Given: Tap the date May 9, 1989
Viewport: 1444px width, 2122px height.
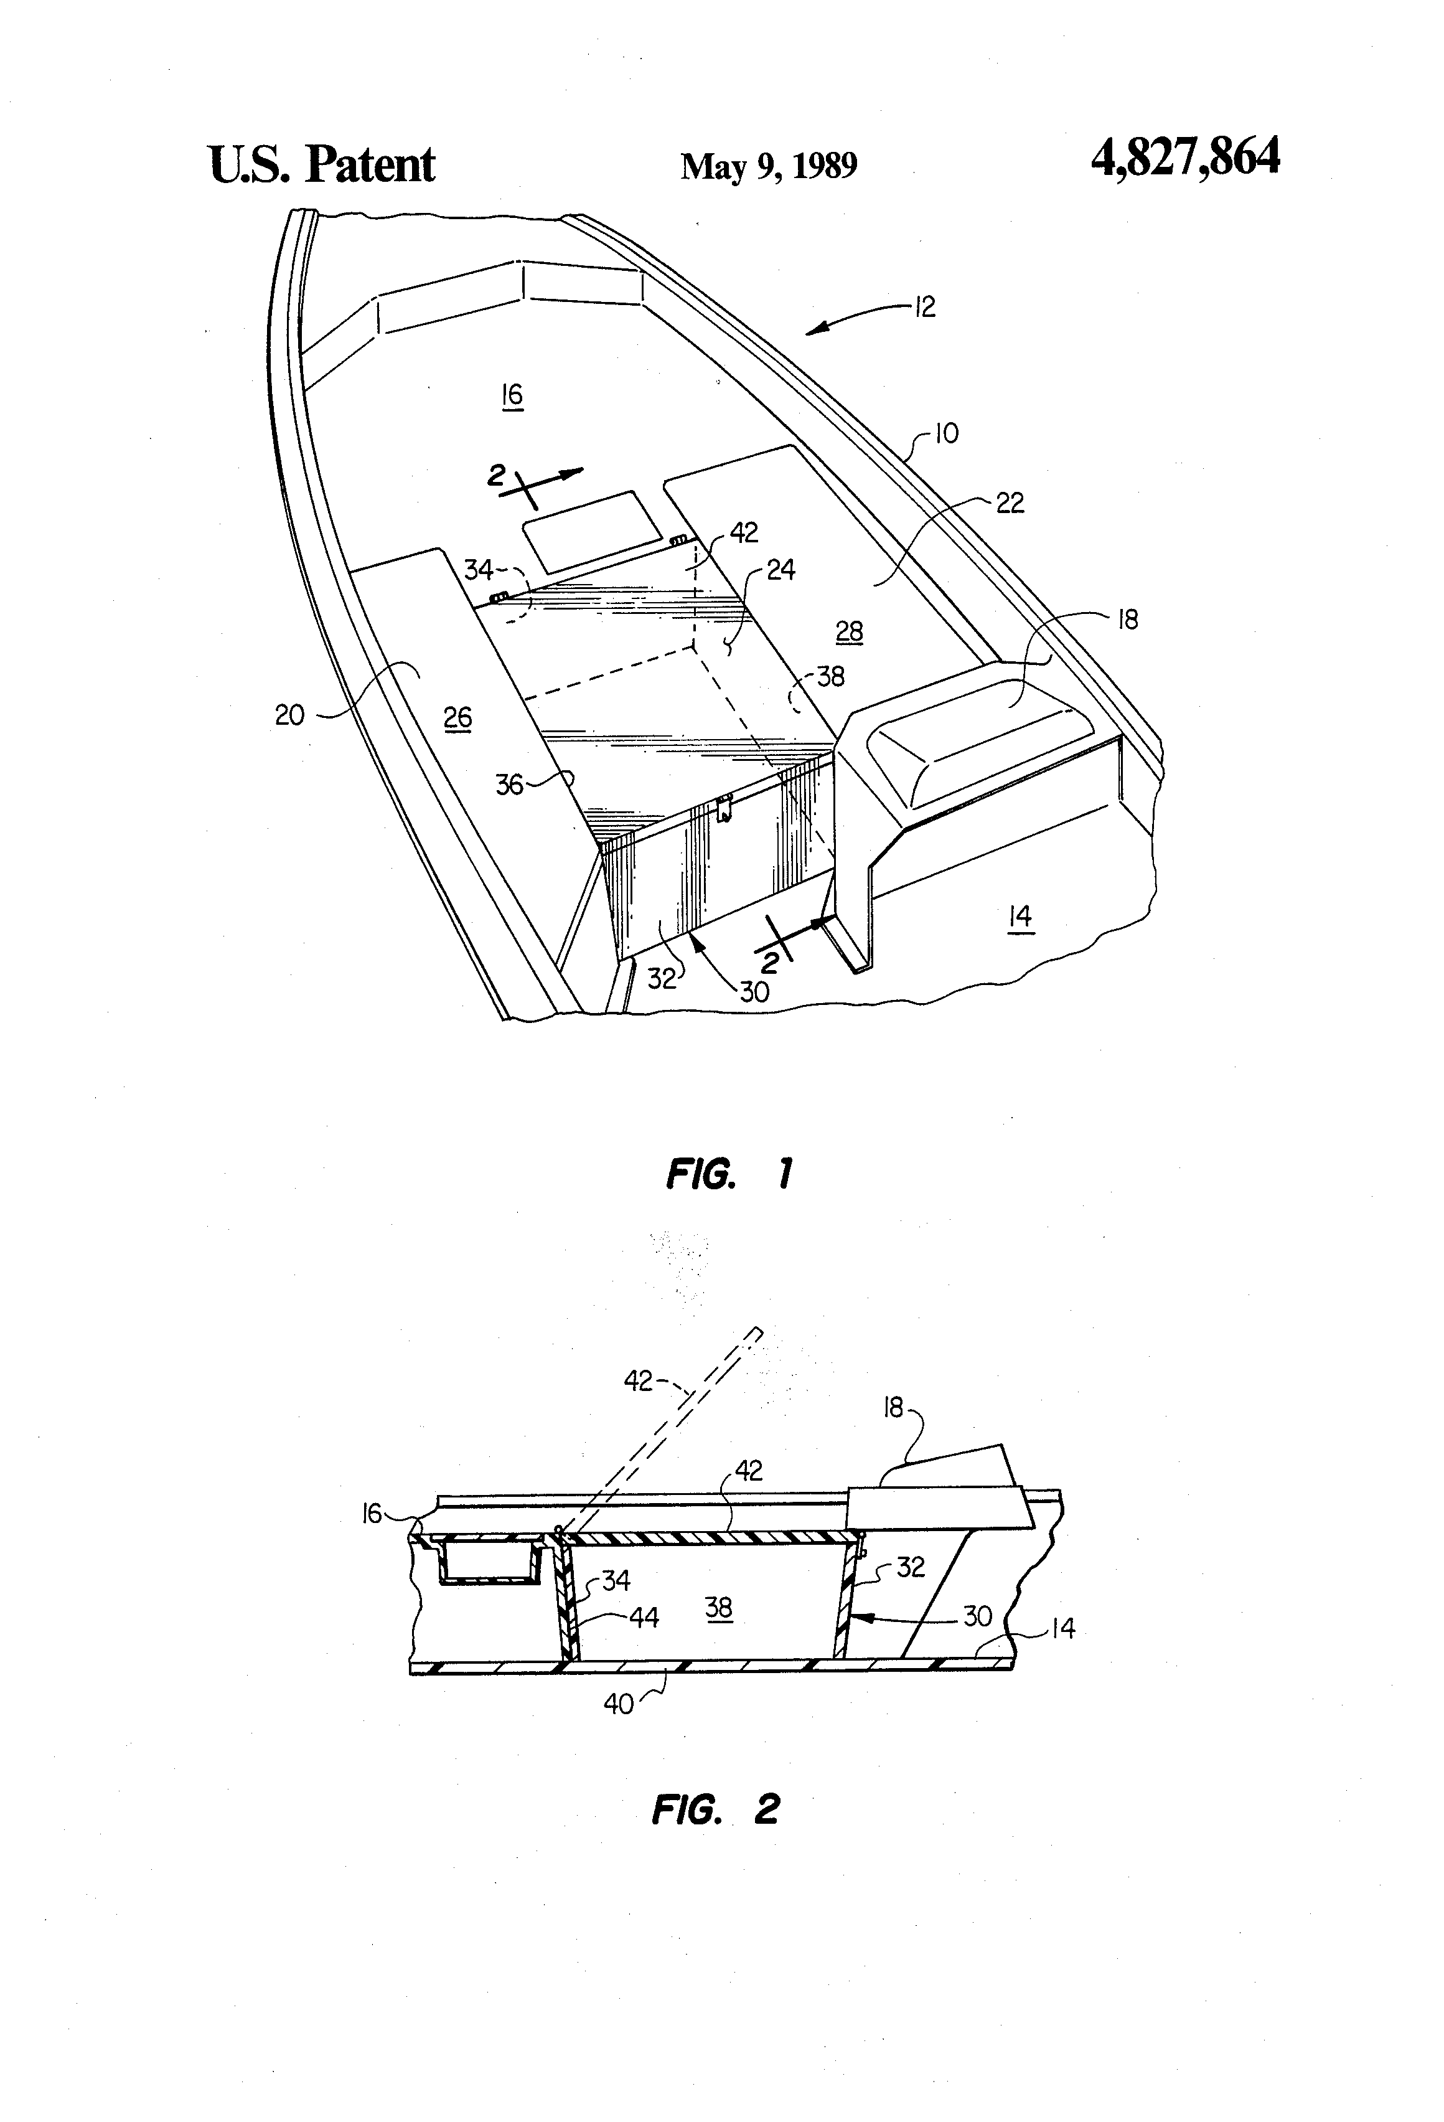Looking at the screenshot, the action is (769, 166).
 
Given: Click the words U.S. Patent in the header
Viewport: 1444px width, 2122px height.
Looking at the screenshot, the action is (322, 164).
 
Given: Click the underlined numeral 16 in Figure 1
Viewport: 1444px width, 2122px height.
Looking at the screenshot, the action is (512, 395).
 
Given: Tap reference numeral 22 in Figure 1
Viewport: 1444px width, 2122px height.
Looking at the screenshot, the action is (1010, 502).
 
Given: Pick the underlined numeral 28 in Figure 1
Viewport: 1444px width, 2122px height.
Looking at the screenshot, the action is (849, 632).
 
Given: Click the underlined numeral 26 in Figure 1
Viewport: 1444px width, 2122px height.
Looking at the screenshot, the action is (457, 719).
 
